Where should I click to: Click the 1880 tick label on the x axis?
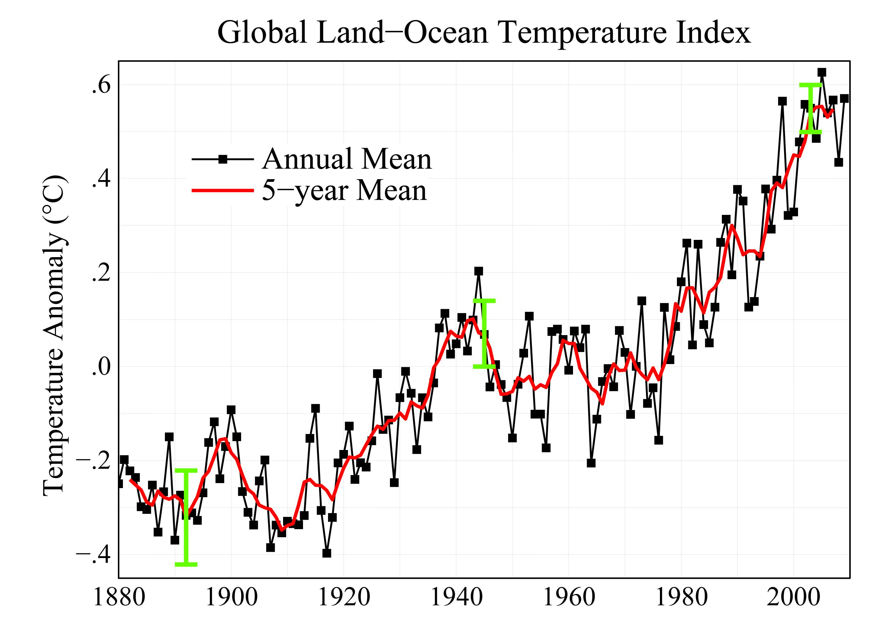click(119, 597)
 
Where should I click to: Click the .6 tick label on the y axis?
click(101, 85)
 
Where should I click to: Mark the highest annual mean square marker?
click(822, 72)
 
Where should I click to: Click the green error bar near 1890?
click(186, 517)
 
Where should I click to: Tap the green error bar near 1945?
click(484, 333)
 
